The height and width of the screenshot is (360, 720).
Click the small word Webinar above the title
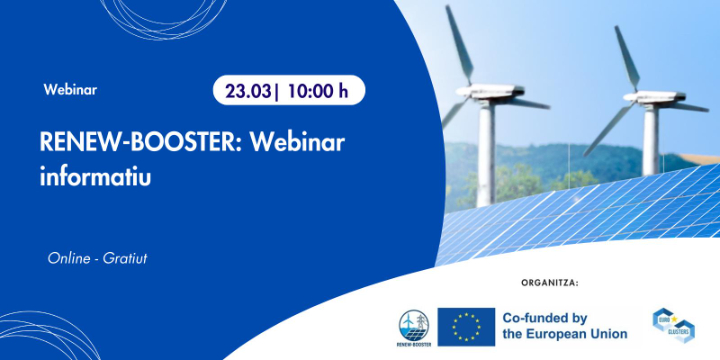[70, 90]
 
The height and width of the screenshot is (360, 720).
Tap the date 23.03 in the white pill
[246, 91]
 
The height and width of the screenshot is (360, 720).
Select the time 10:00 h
[318, 91]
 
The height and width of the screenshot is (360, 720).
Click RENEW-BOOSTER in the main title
[136, 142]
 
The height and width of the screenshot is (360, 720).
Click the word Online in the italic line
[69, 259]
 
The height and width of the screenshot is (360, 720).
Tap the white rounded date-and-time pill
[288, 91]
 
